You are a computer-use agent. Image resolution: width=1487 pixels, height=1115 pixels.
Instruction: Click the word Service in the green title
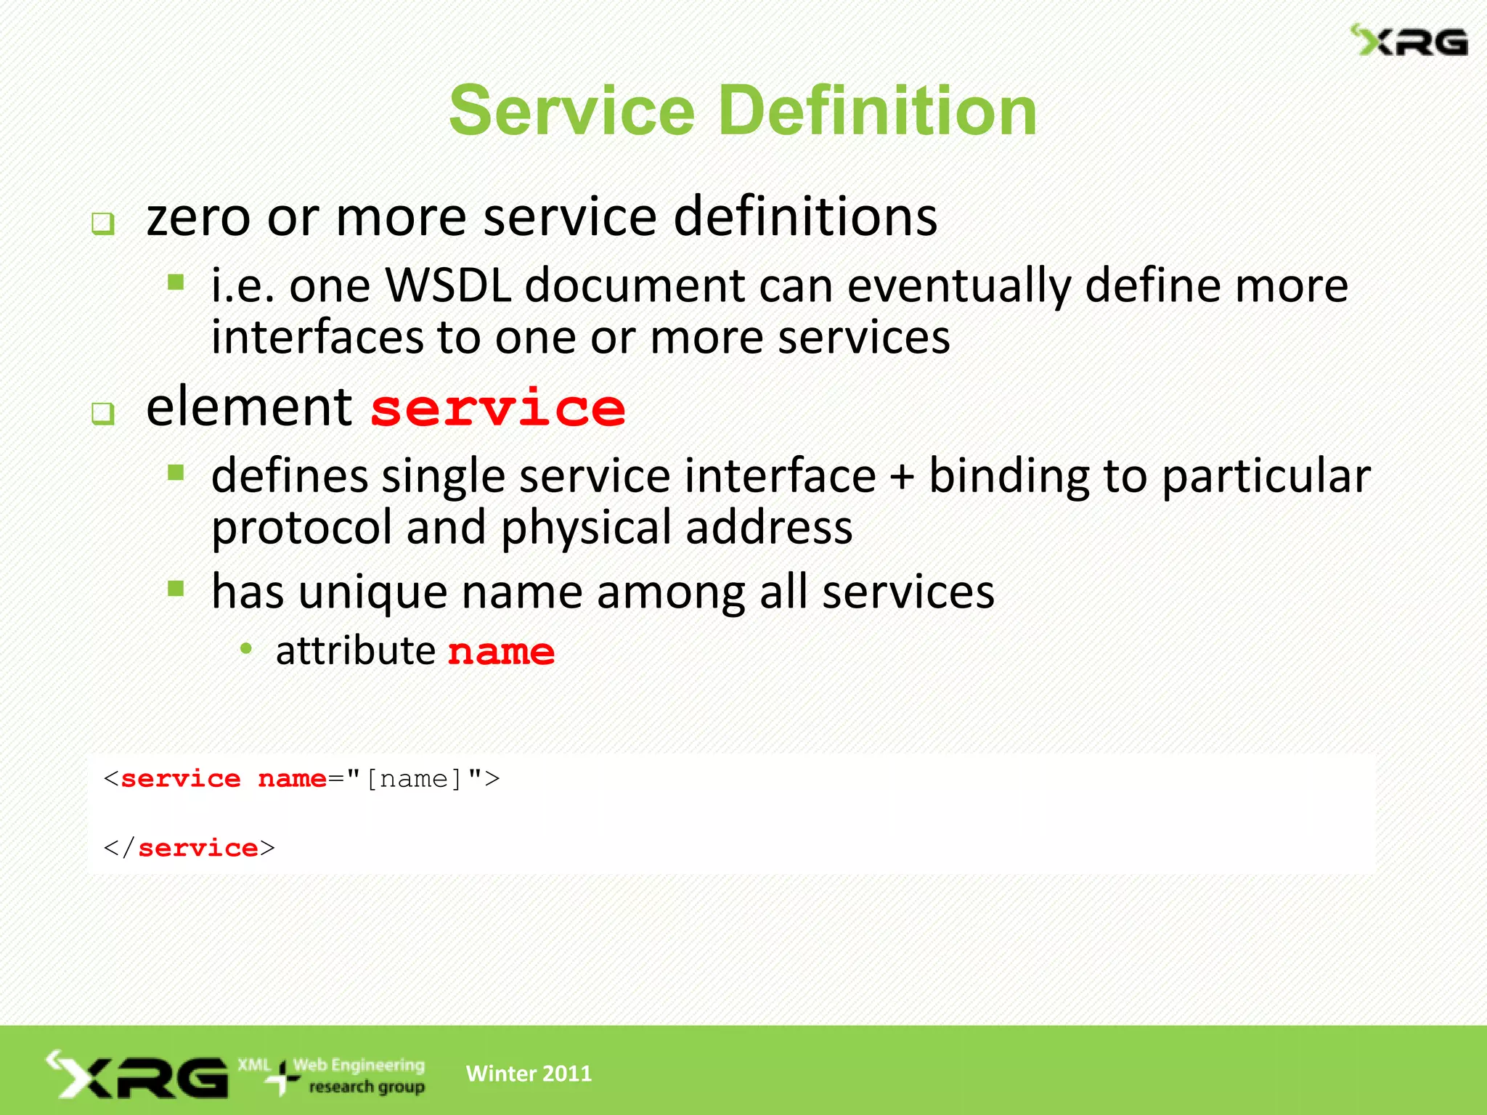[x=572, y=111]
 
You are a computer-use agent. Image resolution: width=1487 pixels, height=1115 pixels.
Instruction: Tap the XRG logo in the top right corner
[x=1409, y=41]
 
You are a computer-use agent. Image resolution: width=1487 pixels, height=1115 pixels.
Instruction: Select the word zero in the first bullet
[x=197, y=218]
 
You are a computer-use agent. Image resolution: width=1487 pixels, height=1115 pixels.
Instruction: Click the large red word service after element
[x=498, y=409]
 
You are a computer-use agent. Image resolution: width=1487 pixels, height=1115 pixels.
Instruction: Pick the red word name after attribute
[x=501, y=651]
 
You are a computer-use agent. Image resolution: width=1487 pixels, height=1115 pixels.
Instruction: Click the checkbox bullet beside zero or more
[x=103, y=224]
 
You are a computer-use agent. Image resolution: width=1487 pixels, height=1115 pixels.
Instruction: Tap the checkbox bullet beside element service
[x=103, y=414]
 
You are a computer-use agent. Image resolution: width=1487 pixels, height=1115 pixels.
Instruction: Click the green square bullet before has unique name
[x=176, y=588]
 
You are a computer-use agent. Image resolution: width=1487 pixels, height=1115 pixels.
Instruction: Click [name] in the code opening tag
[x=414, y=779]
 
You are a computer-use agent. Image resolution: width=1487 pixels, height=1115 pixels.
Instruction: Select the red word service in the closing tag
[x=197, y=848]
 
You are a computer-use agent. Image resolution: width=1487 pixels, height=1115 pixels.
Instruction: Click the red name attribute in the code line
[x=292, y=779]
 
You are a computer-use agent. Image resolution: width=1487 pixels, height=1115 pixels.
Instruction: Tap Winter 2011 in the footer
[x=529, y=1073]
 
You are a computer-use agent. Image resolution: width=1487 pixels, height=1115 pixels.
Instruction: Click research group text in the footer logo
[x=367, y=1087]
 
